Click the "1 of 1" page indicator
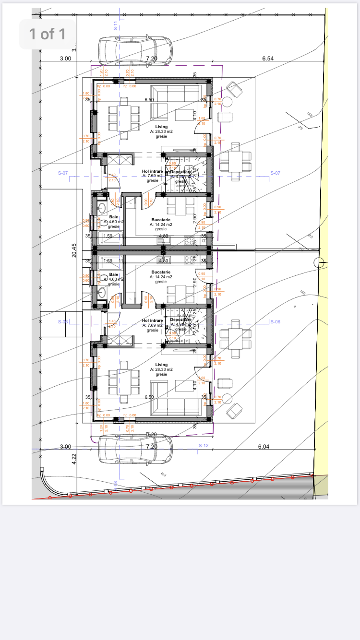(47, 34)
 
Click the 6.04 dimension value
(264, 446)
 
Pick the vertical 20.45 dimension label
(74, 250)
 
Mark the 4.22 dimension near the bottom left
(74, 459)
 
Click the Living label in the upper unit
(161, 127)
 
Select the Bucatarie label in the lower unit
(161, 272)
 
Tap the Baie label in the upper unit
(113, 217)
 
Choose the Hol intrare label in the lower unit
(152, 320)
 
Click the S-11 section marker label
(116, 26)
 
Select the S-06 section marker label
(275, 321)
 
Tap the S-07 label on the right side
(275, 173)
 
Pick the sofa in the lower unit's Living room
(175, 407)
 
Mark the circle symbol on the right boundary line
(319, 262)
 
